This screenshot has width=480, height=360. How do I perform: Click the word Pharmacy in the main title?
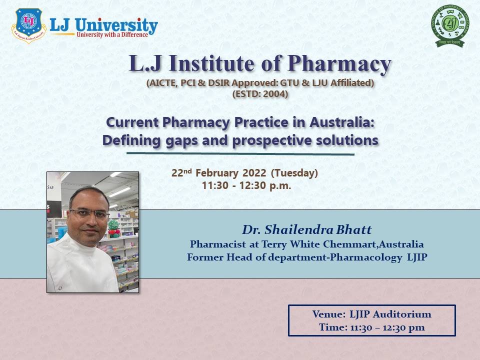(340, 64)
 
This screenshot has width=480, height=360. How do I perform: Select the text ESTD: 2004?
(260, 93)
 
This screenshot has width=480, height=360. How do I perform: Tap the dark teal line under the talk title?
(240, 154)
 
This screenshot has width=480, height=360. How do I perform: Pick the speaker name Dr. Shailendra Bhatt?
(307, 230)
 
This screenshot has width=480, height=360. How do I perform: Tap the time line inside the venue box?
(371, 327)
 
